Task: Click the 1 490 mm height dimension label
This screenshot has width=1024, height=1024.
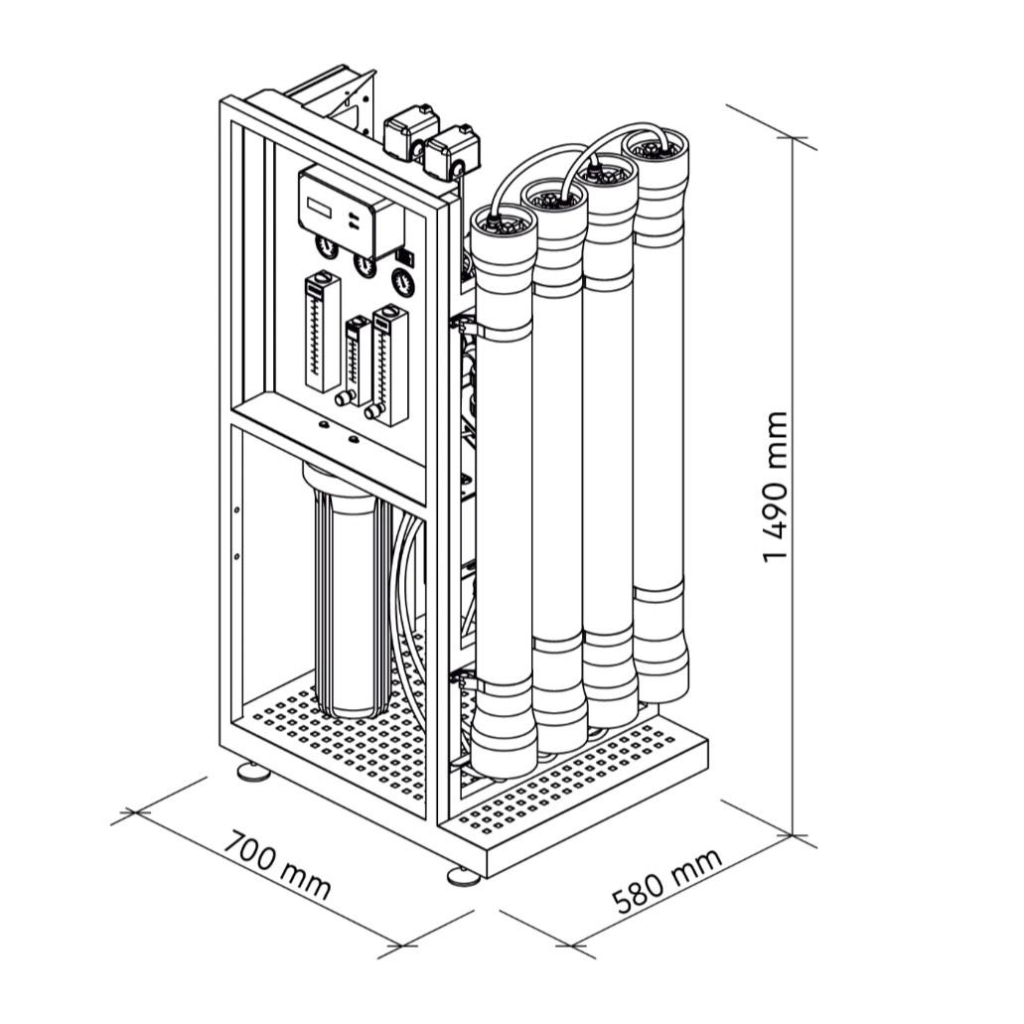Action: pyautogui.click(x=776, y=486)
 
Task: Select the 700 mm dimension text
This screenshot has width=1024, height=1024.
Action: pyautogui.click(x=275, y=866)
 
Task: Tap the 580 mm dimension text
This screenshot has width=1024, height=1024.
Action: pyautogui.click(x=666, y=882)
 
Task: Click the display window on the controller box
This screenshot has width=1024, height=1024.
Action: pyautogui.click(x=322, y=208)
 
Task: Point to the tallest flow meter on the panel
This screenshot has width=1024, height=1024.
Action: pyautogui.click(x=322, y=333)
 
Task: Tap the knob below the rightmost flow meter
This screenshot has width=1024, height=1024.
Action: pyautogui.click(x=372, y=410)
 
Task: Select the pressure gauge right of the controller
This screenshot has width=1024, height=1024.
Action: pyautogui.click(x=404, y=281)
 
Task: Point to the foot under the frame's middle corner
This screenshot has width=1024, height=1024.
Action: pyautogui.click(x=462, y=875)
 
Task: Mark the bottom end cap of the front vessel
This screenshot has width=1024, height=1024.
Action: pyautogui.click(x=505, y=745)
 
